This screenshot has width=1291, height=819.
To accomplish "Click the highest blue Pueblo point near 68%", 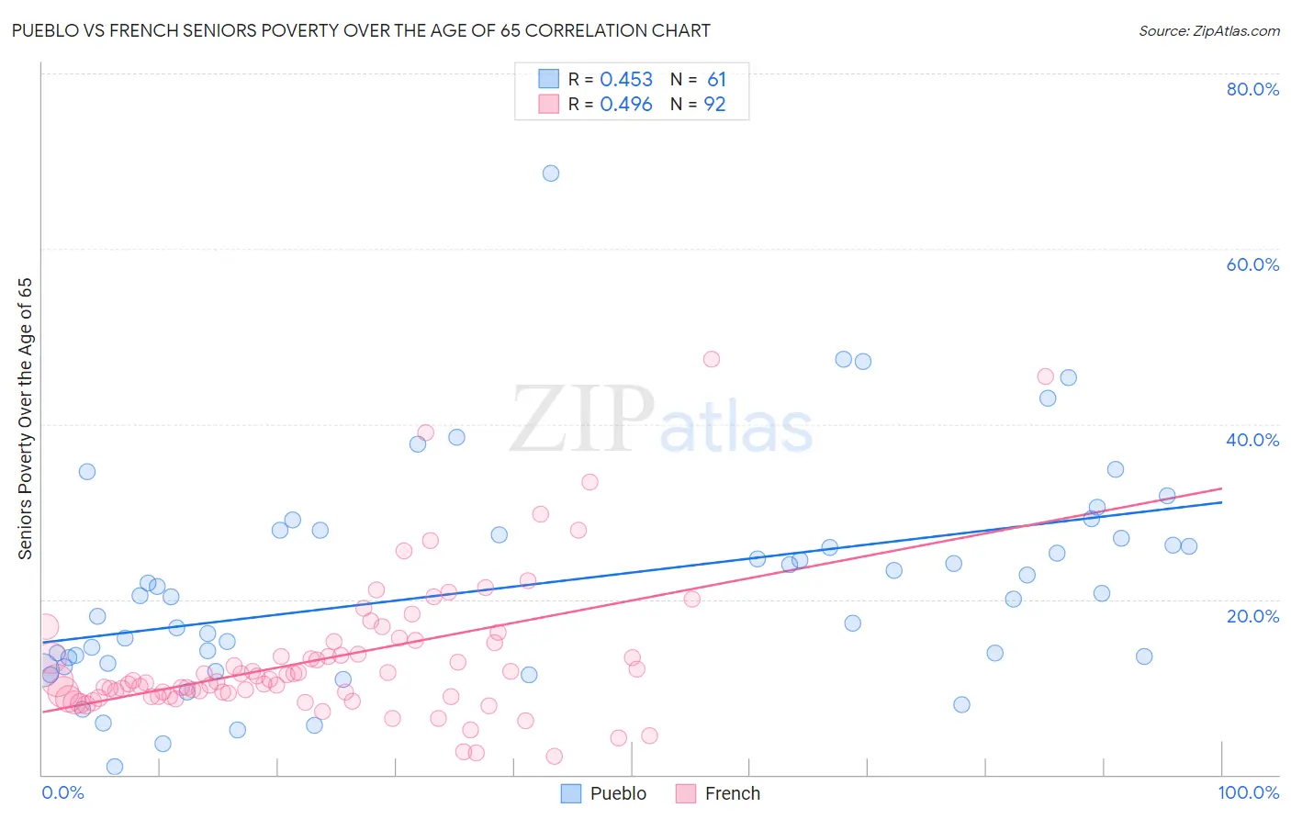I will tap(551, 174).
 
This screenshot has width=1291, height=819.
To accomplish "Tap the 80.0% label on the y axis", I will tap(1252, 89).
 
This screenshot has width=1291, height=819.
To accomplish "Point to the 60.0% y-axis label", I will tap(1252, 264).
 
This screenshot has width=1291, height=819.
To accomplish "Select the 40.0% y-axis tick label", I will tap(1252, 440).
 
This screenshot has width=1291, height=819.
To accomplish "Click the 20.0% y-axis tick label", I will tap(1252, 616).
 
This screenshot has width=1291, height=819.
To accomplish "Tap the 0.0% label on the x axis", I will tap(62, 792).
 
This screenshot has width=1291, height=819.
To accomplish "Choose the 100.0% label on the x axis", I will tap(1248, 792).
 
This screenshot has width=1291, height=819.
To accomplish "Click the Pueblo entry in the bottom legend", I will tap(618, 793).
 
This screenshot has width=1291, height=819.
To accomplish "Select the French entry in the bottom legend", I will tap(732, 793).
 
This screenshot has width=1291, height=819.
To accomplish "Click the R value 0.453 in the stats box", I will tap(626, 80).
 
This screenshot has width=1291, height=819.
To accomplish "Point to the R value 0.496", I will tap(626, 105).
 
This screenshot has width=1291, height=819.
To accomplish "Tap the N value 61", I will tap(716, 80).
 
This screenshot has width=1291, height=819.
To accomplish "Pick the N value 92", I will tap(714, 105).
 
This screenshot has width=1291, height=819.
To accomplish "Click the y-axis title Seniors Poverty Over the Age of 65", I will tap(26, 419).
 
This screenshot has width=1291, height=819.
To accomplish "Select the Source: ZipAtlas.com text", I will tap(1208, 31).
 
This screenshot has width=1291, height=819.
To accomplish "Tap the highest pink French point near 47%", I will tap(711, 359).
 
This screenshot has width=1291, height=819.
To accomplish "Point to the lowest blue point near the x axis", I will tap(115, 767).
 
